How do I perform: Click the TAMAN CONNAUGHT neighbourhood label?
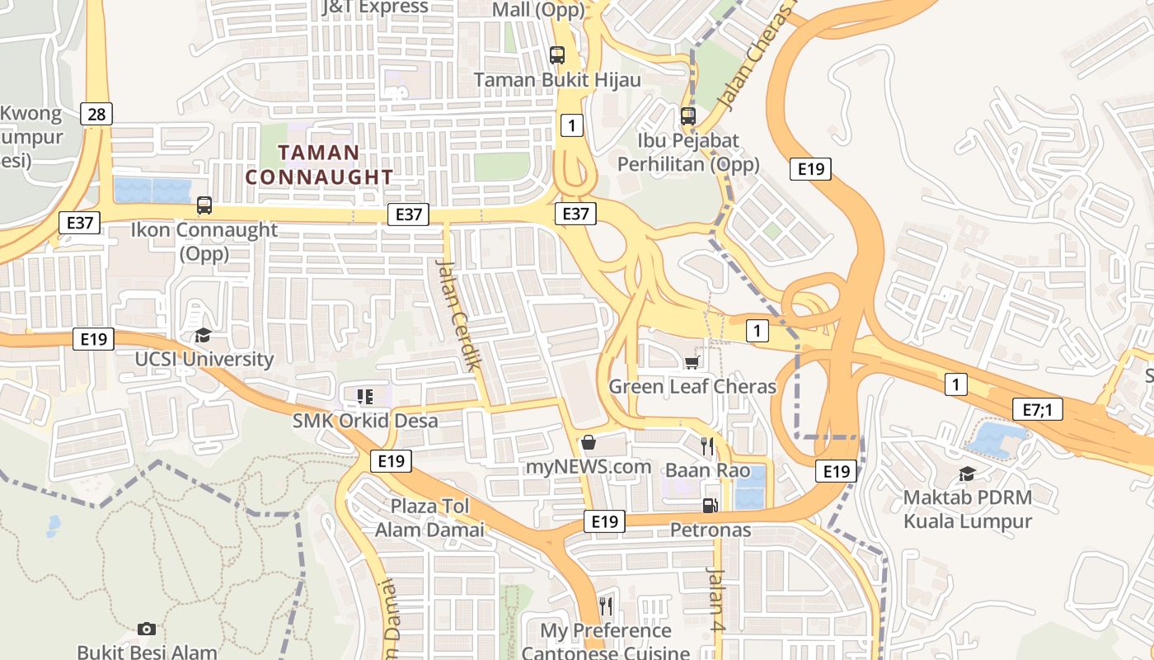click(319, 164)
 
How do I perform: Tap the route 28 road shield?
click(96, 114)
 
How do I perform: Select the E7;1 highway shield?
click(1038, 408)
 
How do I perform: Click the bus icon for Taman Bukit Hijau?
click(557, 55)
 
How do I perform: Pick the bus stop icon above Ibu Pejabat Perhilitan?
click(688, 116)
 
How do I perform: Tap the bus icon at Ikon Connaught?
click(204, 205)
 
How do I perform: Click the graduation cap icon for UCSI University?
click(203, 335)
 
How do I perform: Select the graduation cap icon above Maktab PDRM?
click(967, 474)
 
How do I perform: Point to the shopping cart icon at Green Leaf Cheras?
click(692, 362)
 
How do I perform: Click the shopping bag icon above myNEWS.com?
click(589, 443)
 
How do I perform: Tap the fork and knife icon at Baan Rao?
click(706, 446)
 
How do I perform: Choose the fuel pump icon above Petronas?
click(709, 505)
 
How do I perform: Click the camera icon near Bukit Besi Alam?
click(147, 629)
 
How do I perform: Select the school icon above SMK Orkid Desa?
click(365, 397)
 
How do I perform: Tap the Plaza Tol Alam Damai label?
click(429, 517)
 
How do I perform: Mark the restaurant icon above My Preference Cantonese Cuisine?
click(606, 606)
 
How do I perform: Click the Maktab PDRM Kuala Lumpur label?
click(967, 509)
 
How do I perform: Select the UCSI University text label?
click(204, 359)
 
